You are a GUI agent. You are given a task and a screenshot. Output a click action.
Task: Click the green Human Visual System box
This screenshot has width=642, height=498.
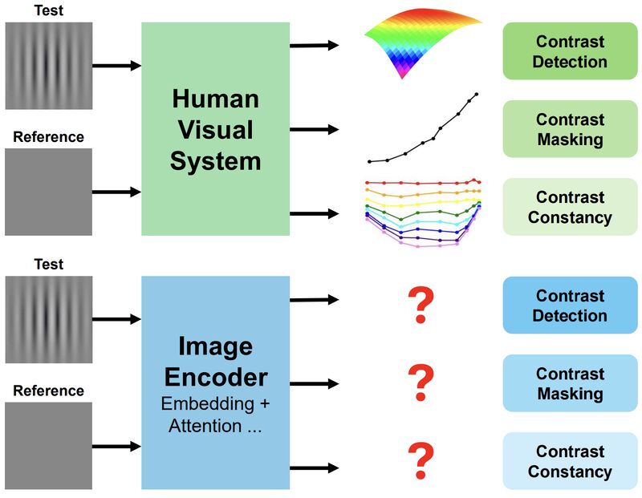tap(215, 128)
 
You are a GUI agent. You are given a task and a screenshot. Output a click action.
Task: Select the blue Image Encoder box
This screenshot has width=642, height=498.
tap(215, 382)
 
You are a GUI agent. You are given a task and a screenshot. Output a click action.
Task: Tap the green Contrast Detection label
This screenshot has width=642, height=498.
tap(570, 51)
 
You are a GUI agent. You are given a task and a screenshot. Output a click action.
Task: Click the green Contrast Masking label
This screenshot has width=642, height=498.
tap(570, 129)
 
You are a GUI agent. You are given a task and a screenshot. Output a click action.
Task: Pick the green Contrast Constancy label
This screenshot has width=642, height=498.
tap(570, 207)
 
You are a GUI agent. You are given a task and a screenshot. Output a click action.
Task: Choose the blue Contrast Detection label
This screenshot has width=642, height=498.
tap(570, 306)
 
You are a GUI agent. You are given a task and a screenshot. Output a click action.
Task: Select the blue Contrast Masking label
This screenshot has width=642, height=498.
tap(570, 383)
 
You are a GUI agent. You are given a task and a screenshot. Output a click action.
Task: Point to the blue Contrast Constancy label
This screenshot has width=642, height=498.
tap(570, 461)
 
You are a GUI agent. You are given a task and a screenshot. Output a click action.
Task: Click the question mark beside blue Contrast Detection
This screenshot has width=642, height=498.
tap(421, 306)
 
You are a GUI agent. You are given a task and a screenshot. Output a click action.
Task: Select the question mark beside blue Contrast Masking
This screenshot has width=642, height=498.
tap(421, 383)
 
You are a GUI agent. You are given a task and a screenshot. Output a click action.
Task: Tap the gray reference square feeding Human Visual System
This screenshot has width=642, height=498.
tap(49, 192)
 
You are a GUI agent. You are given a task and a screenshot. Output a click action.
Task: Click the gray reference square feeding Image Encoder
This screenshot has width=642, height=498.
tap(49, 445)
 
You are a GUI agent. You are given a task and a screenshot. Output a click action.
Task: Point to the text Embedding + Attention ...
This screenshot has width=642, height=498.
tap(215, 415)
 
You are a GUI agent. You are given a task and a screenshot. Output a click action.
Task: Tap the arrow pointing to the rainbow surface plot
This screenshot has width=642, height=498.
tap(314, 45)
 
